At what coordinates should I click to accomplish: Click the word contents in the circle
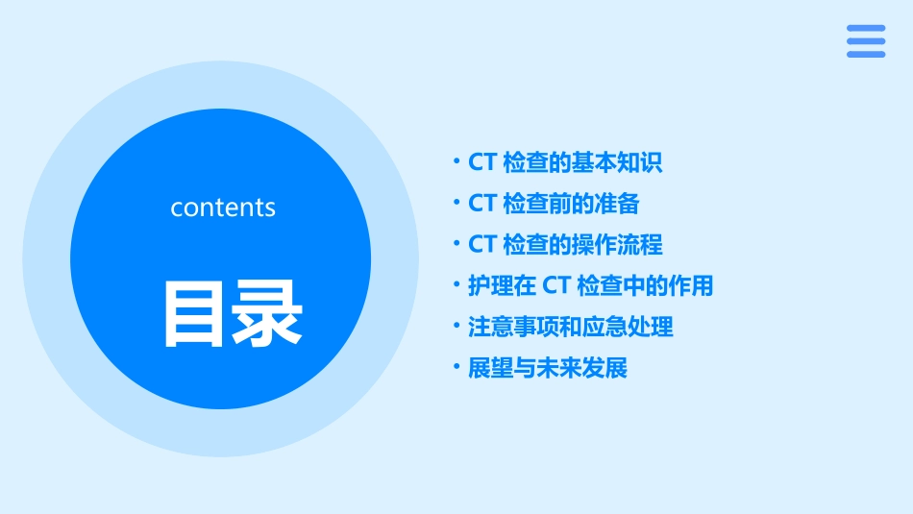tap(223, 208)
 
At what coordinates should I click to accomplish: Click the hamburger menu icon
tap(866, 41)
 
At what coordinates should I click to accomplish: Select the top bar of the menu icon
tap(866, 29)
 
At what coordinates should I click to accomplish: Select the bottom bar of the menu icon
tap(866, 54)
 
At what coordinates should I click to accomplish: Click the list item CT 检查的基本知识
tap(565, 162)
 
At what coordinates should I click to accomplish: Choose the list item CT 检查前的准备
tap(554, 204)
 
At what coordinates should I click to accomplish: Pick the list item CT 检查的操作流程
tap(565, 245)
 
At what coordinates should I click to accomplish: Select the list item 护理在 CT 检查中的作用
tap(590, 285)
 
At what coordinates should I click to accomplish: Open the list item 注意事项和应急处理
tap(571, 327)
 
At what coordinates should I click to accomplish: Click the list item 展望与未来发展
tap(548, 368)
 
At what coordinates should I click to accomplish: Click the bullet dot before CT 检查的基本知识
tap(457, 160)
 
